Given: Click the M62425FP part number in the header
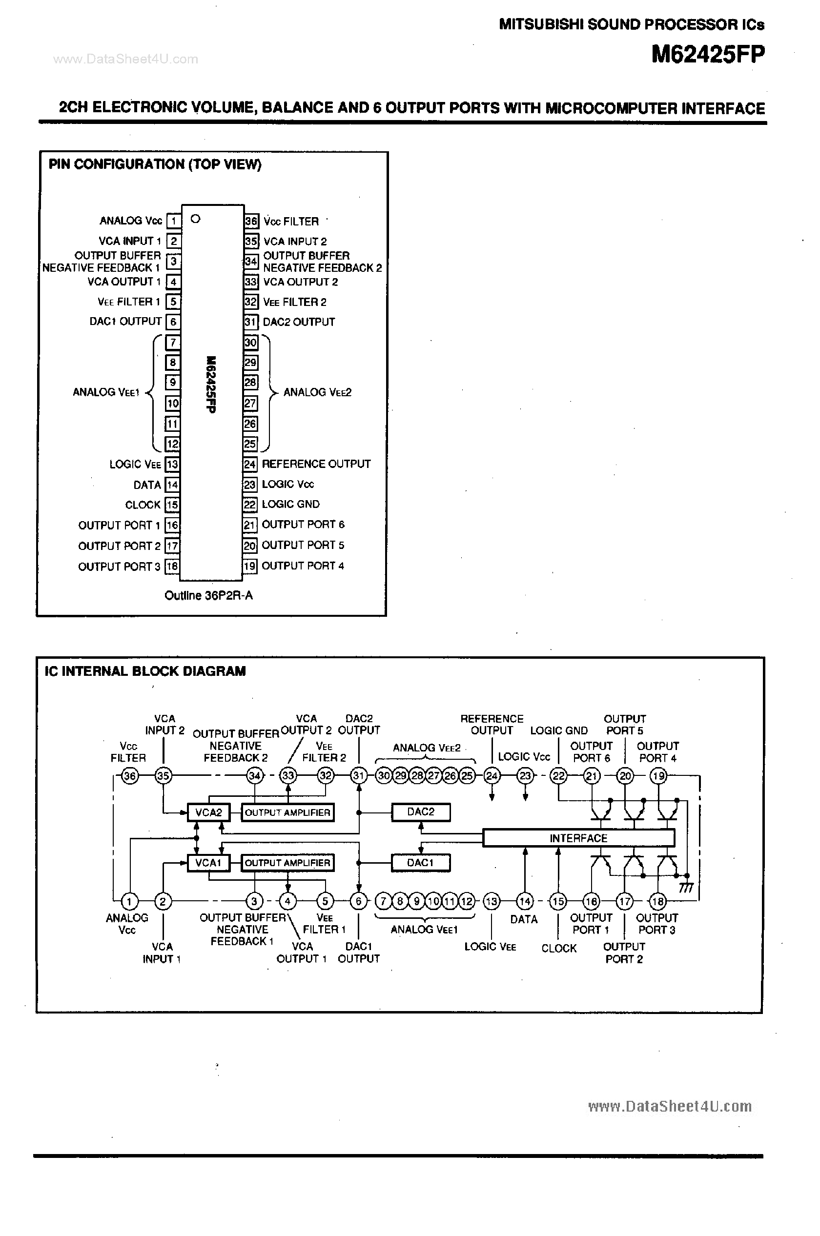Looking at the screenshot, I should click(x=708, y=54).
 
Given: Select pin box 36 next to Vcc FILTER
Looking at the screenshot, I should click(x=251, y=221).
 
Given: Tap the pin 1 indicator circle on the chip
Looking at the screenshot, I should click(x=196, y=219).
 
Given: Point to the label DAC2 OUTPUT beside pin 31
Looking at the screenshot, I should click(x=299, y=322).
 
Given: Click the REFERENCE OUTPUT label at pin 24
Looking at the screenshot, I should click(x=316, y=464).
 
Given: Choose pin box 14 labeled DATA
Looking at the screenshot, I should click(x=172, y=485).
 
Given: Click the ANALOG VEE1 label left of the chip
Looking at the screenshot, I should click(x=105, y=392).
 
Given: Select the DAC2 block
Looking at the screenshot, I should click(x=420, y=812).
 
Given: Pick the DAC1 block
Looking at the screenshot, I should click(x=420, y=863).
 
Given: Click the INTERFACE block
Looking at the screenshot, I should click(x=578, y=838).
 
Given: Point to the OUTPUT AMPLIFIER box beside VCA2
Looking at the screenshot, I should click(x=287, y=812).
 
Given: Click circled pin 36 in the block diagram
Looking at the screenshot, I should click(x=129, y=776).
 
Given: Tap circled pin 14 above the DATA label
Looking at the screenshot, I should click(x=525, y=901).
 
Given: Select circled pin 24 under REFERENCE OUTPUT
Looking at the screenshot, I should click(x=492, y=776).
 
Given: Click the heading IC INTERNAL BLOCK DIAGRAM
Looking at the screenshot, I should click(x=145, y=671).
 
